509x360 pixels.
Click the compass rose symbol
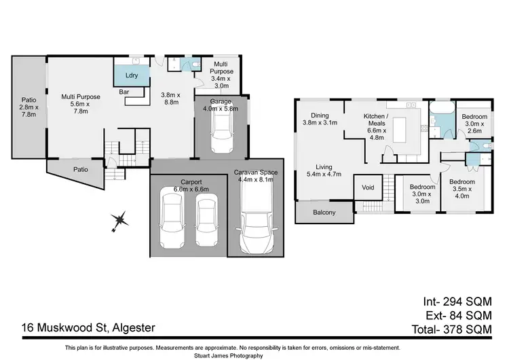pos(120,219)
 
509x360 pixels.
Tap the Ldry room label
pos(132,75)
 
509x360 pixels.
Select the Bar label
pos(125,91)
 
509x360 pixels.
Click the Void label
pos(368,187)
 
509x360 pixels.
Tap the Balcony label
pos(324,213)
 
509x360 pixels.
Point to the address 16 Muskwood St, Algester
pos(88,328)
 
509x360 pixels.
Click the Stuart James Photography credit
pos(254,355)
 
